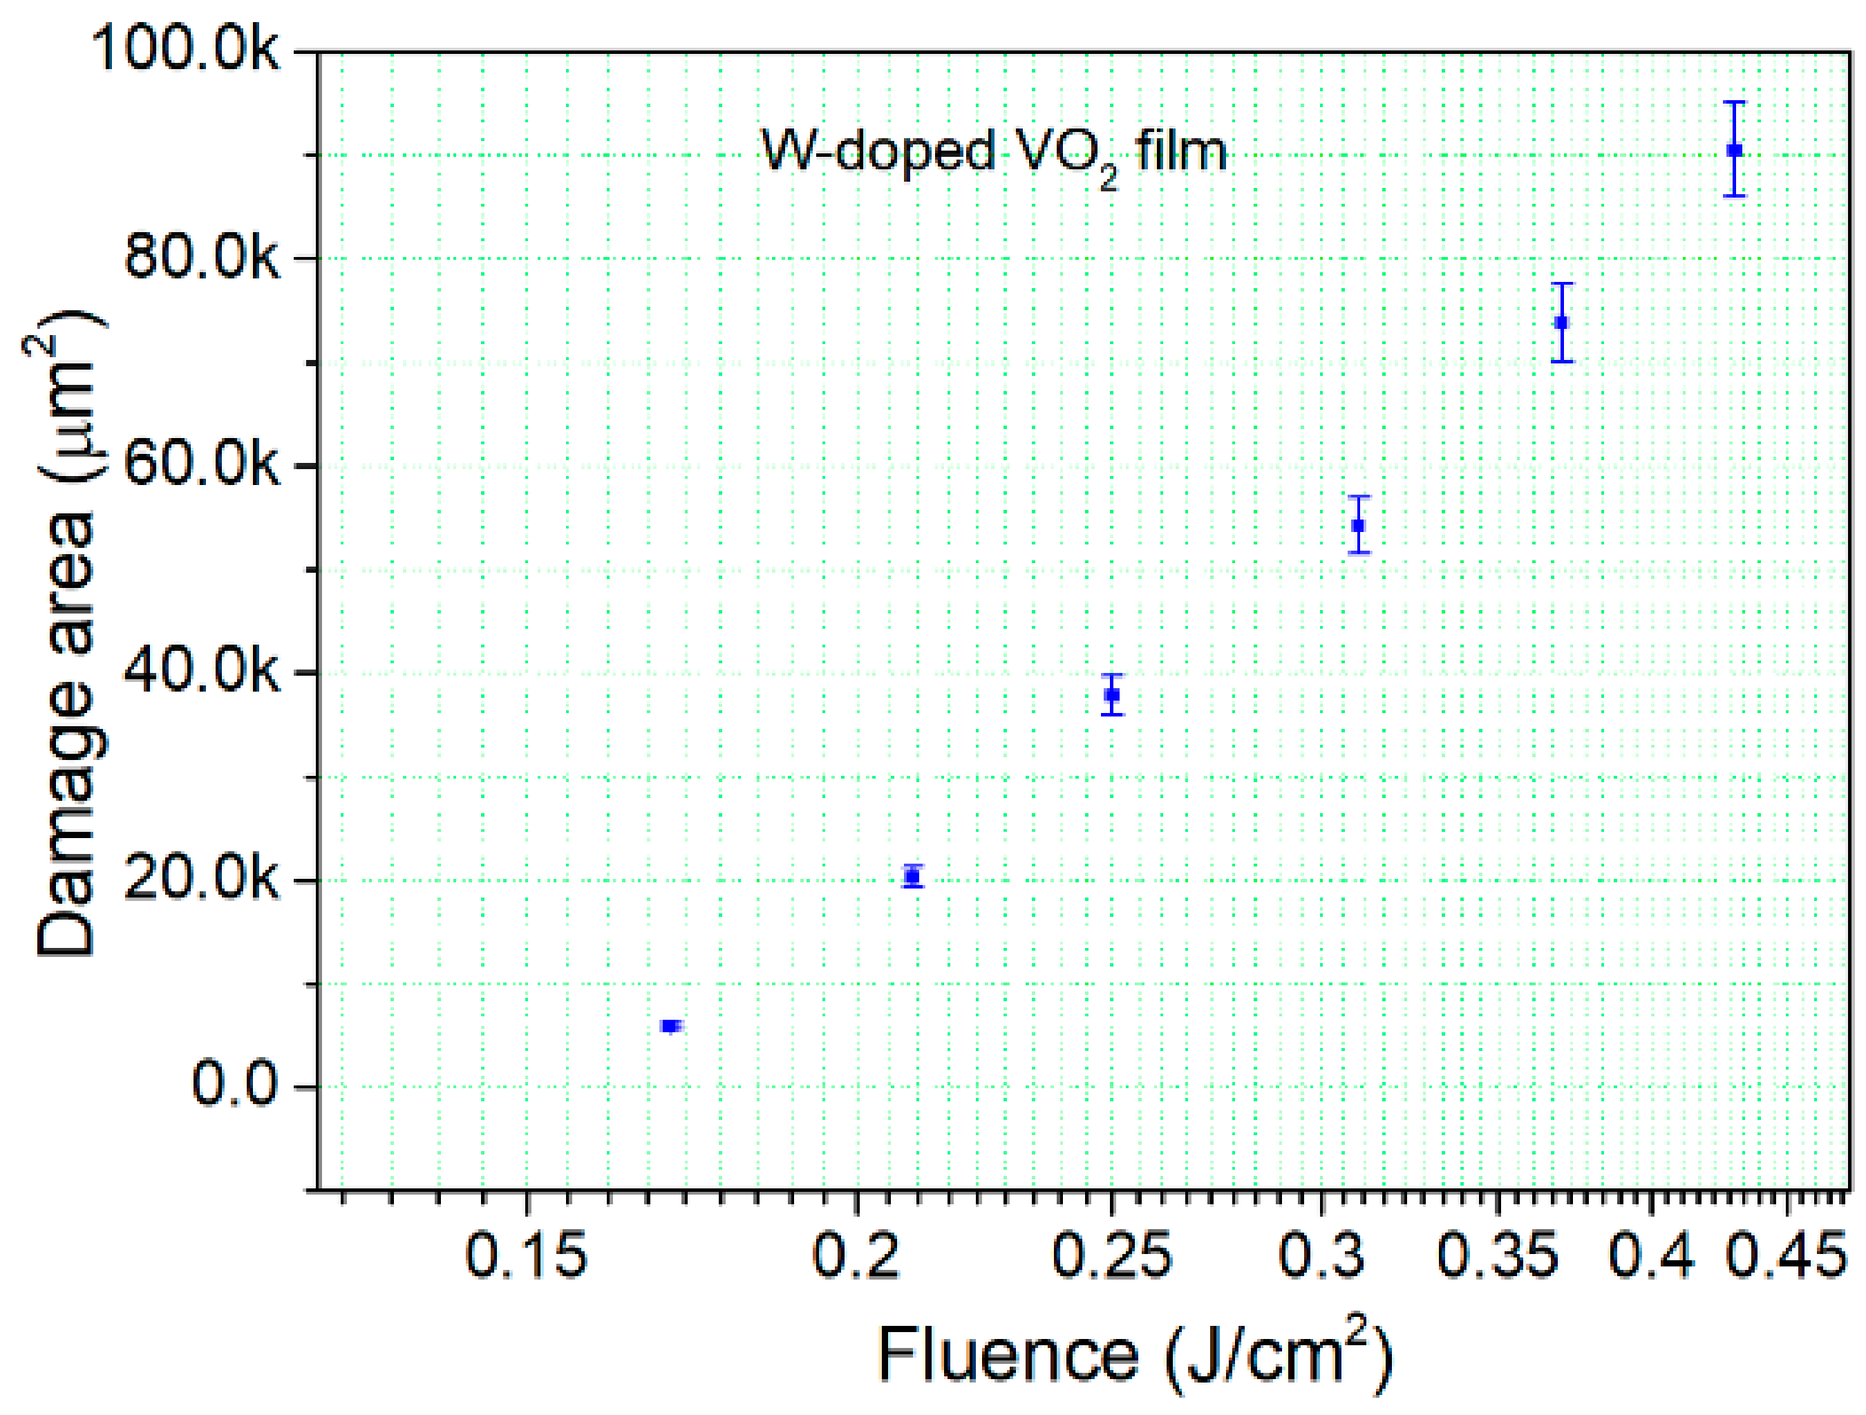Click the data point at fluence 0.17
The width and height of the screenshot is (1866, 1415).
(x=670, y=1026)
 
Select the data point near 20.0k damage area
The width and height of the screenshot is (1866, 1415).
(x=912, y=876)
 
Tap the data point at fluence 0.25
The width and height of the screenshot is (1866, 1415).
(x=1113, y=695)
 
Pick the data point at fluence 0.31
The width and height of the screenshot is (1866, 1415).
(x=1358, y=525)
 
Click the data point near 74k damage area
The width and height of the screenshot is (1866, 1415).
(x=1563, y=322)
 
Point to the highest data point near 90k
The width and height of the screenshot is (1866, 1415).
(x=1735, y=150)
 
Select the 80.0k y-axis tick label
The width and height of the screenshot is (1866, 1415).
(x=201, y=257)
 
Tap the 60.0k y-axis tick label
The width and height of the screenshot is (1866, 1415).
(x=201, y=464)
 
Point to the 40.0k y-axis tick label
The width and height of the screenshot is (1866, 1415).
(x=201, y=672)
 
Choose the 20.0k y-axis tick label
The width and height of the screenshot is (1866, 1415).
(x=201, y=880)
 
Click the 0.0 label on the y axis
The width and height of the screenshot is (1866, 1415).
(x=234, y=1085)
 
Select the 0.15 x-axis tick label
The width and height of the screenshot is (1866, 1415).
(x=527, y=1257)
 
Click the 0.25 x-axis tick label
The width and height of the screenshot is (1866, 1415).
(x=1112, y=1257)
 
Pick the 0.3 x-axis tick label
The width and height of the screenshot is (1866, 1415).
(x=1322, y=1257)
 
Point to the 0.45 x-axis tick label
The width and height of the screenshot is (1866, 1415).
(x=1787, y=1257)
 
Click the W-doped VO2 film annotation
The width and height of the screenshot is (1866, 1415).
(x=994, y=153)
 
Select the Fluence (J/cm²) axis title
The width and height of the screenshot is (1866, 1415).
(x=1135, y=1356)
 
